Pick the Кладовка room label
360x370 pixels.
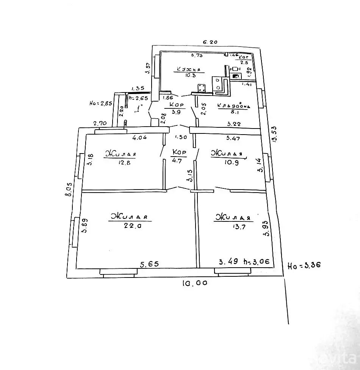(234, 107)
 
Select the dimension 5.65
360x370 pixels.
(149, 264)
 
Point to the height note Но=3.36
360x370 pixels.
(304, 265)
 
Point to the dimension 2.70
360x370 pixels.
(100, 123)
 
